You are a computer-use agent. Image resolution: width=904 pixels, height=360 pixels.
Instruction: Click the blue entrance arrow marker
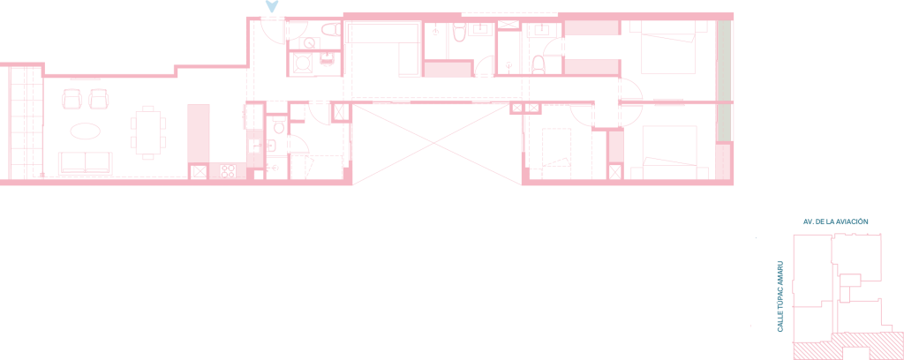point(272,6)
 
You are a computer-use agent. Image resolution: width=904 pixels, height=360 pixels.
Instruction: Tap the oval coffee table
point(86,131)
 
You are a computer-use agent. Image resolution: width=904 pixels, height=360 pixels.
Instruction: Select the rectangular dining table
point(148,131)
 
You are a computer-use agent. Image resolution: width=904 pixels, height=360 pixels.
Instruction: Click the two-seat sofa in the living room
point(86,163)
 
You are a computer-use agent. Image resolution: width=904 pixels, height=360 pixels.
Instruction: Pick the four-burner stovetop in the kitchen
point(228,171)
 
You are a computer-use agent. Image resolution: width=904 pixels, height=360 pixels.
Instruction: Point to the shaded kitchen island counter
point(199,133)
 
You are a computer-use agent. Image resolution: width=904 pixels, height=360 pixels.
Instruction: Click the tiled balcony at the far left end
point(26,123)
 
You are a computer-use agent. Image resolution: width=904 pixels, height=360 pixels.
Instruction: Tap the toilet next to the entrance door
point(330,30)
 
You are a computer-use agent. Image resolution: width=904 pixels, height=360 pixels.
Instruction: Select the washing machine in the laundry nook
point(303,63)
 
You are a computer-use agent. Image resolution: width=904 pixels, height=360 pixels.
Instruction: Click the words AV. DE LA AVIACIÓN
point(835,221)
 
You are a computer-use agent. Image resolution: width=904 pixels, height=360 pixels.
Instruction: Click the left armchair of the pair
point(72,99)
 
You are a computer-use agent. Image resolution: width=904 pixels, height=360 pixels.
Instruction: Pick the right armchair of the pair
point(99,99)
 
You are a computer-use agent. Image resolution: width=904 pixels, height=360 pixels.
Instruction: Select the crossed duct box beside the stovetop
point(199,172)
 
